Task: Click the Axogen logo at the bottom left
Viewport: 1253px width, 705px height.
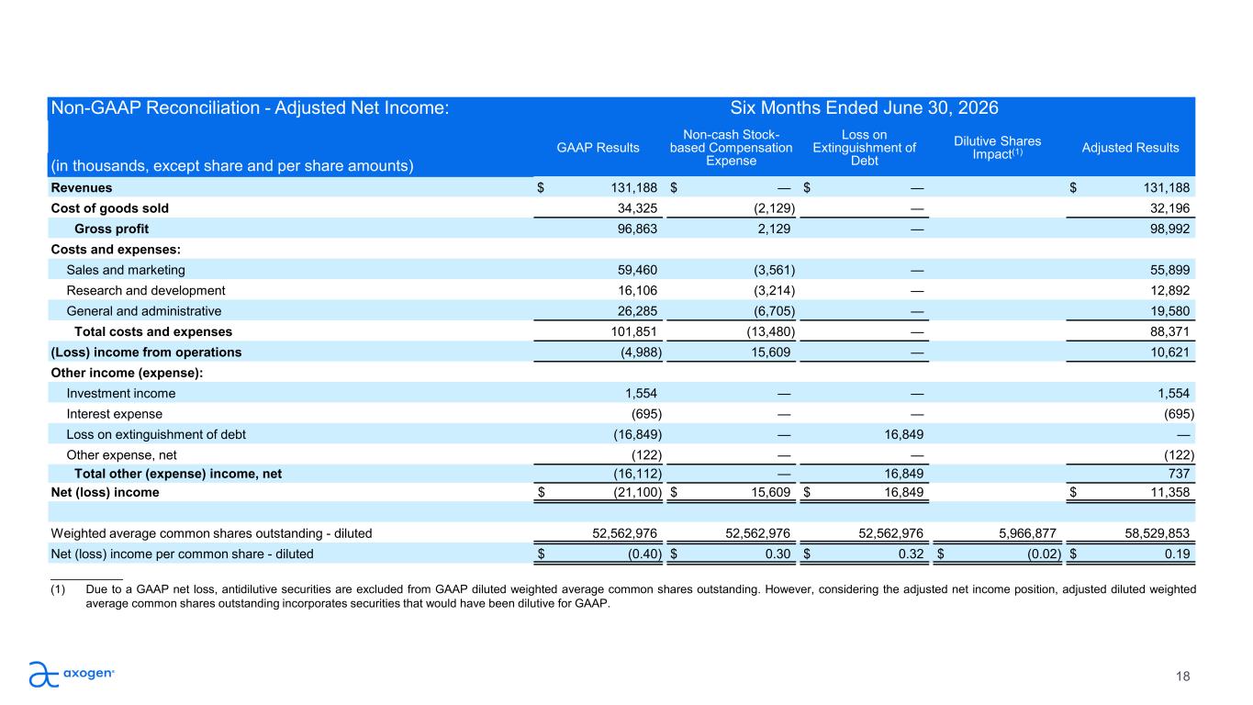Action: (x=72, y=674)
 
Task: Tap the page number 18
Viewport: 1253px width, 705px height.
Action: (x=1182, y=677)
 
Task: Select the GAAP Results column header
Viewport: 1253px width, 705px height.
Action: (x=598, y=148)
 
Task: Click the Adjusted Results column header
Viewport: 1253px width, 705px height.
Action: (x=1130, y=148)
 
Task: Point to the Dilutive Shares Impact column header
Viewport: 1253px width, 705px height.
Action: (x=998, y=148)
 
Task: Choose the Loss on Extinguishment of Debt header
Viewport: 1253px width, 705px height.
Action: (x=864, y=148)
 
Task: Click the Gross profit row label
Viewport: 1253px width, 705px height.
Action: (x=111, y=229)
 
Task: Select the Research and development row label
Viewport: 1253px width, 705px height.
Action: (x=145, y=290)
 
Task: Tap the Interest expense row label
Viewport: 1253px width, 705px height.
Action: (x=114, y=414)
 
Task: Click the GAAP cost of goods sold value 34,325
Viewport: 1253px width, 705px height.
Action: (x=637, y=208)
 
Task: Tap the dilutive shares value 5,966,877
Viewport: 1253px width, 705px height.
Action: (x=1027, y=533)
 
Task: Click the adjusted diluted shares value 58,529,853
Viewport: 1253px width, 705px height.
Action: (x=1158, y=533)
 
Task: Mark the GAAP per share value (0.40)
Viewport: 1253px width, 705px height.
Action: (x=644, y=554)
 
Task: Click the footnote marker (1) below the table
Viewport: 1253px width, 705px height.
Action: (x=58, y=589)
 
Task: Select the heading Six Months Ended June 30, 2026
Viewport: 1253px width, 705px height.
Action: (x=864, y=107)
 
